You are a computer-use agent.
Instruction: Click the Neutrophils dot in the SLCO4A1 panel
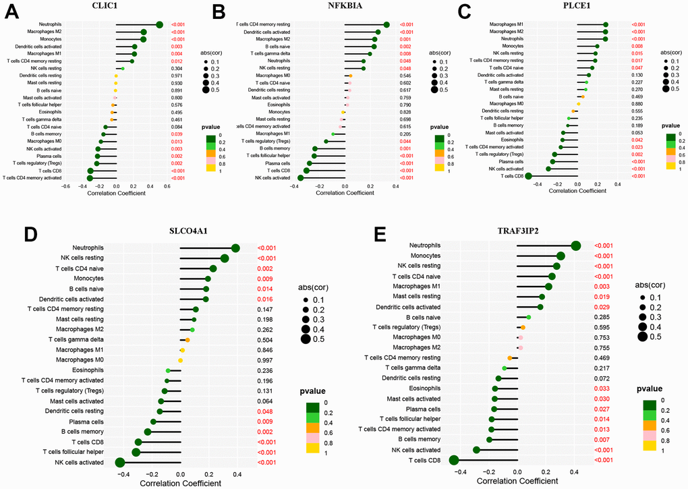pos(235,249)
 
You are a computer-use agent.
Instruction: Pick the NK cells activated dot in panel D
pos(120,462)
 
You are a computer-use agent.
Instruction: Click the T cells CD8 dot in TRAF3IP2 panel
pos(454,460)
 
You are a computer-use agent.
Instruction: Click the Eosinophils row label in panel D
pos(86,371)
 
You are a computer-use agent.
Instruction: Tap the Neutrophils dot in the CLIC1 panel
pos(160,24)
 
